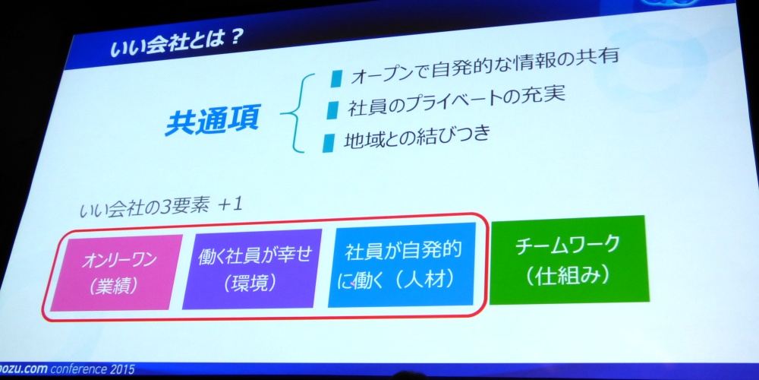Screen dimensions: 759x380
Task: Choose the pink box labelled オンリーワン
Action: pos(116,272)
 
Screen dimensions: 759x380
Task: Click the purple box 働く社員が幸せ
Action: pos(252,268)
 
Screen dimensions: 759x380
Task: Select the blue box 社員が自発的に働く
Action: pos(402,264)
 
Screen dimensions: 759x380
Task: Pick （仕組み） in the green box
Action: pos(567,277)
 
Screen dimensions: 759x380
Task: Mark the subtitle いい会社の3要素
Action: pos(145,207)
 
